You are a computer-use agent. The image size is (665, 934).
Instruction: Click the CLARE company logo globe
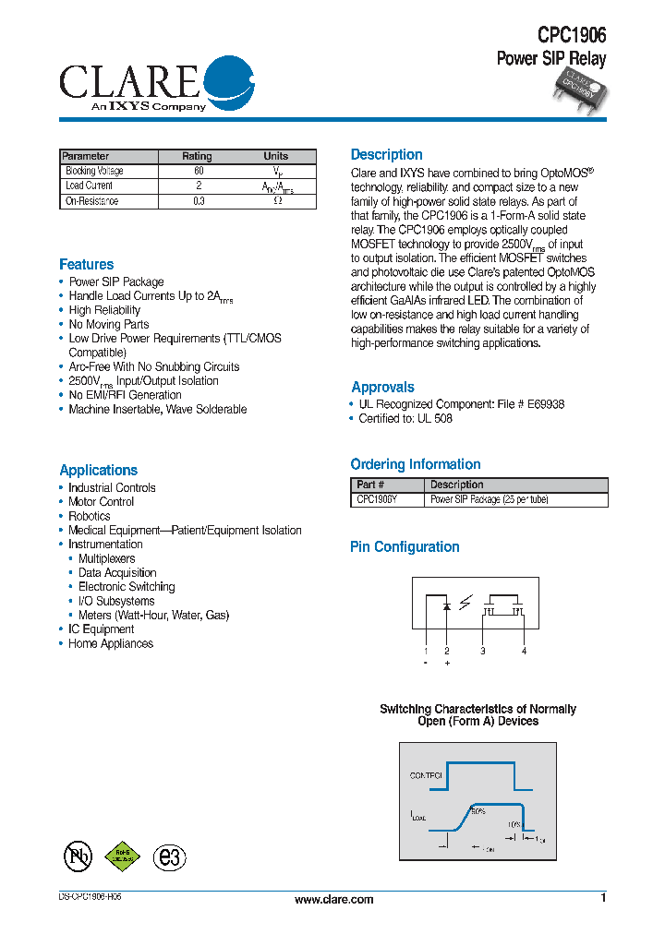228,81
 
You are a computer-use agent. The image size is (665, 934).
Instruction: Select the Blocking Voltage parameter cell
94,171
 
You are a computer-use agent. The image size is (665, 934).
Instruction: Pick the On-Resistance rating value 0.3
199,200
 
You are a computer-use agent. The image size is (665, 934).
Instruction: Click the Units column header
275,156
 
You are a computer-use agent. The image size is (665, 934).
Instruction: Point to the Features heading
86,265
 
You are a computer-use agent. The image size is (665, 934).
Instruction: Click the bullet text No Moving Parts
108,325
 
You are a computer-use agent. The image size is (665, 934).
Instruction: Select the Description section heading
386,155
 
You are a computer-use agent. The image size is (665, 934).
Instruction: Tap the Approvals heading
382,388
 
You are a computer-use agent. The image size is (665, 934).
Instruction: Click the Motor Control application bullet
101,502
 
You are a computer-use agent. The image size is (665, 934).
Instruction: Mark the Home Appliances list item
110,644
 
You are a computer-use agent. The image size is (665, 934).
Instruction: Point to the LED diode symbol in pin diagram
447,606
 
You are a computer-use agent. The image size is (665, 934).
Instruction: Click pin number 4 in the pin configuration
524,652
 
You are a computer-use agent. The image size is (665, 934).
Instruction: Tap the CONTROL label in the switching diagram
426,776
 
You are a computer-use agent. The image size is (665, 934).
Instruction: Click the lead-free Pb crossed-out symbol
78,856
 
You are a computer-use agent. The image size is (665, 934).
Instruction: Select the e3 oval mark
169,856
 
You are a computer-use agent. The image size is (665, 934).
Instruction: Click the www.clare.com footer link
333,899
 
